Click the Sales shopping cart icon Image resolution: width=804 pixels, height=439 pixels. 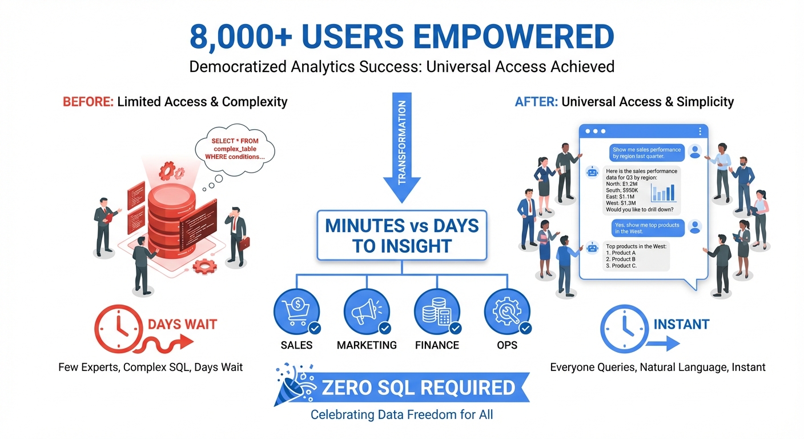tap(297, 311)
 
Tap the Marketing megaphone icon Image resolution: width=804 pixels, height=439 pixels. tap(367, 311)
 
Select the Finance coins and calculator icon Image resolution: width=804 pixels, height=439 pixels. tap(437, 311)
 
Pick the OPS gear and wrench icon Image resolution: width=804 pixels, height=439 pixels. tap(507, 311)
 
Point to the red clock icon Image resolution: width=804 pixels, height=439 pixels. tap(118, 328)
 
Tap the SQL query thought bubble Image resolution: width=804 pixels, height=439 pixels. tap(235, 149)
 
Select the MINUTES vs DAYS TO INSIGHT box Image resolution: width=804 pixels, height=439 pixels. tap(401, 235)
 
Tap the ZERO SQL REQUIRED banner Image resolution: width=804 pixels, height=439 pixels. tap(419, 388)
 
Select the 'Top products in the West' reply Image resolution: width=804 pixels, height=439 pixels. tap(636, 256)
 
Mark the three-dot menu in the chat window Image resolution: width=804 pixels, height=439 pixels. tap(700, 131)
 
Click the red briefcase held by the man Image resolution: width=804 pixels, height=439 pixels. tap(244, 243)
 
